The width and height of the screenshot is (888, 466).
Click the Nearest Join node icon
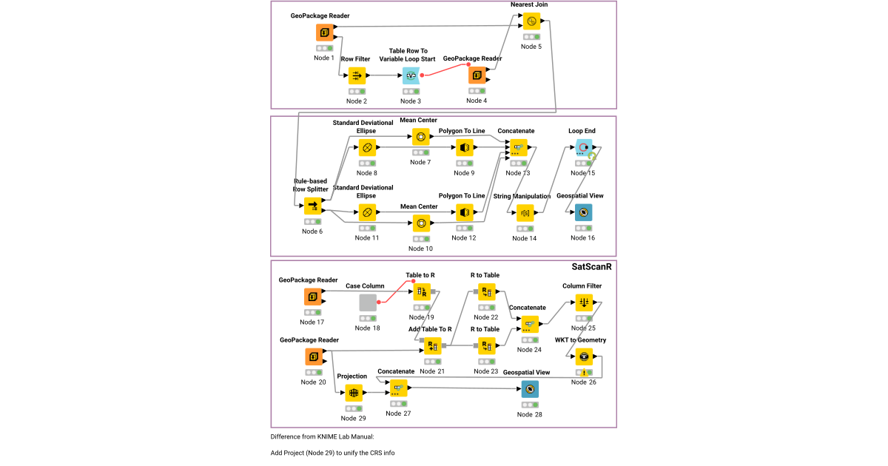[x=531, y=21]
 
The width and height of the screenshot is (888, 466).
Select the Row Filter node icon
[x=357, y=75]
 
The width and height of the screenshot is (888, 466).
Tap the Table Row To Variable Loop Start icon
[x=411, y=75]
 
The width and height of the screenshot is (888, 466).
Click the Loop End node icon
[x=584, y=148]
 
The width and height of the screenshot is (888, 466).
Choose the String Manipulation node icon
[x=525, y=213]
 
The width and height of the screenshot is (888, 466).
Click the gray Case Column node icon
[x=369, y=303]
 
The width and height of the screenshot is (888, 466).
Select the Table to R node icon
[x=421, y=291]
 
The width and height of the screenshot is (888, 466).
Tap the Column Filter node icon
[x=584, y=303]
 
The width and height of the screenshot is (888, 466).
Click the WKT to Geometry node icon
[x=584, y=357]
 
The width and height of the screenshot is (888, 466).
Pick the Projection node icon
[x=353, y=394]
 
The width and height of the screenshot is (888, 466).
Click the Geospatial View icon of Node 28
[x=530, y=389]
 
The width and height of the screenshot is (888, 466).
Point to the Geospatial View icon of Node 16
[x=584, y=213]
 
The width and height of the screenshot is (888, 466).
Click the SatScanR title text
[x=592, y=267]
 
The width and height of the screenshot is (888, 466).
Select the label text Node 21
[x=431, y=371]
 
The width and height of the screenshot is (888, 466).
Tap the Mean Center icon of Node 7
[x=421, y=137]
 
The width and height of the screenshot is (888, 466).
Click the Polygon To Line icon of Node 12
[x=464, y=213]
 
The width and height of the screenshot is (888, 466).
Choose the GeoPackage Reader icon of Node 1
[x=324, y=33]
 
